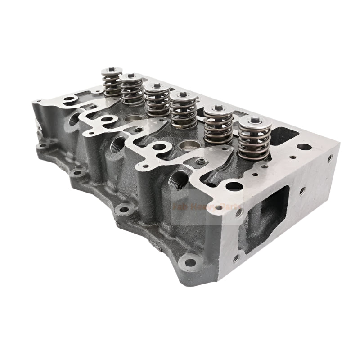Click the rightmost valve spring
point(254,139)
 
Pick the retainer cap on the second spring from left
point(131,77)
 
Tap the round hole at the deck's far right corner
point(303,147)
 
